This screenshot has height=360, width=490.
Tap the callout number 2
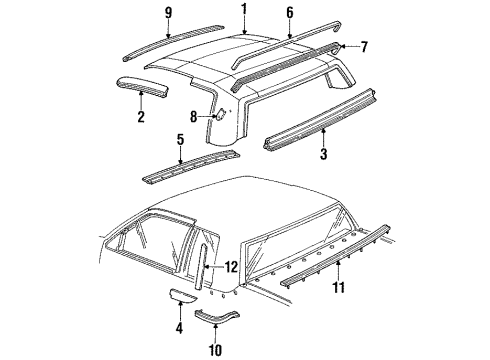(141, 118)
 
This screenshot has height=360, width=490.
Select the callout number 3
(323, 155)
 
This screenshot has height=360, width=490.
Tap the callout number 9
(169, 14)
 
